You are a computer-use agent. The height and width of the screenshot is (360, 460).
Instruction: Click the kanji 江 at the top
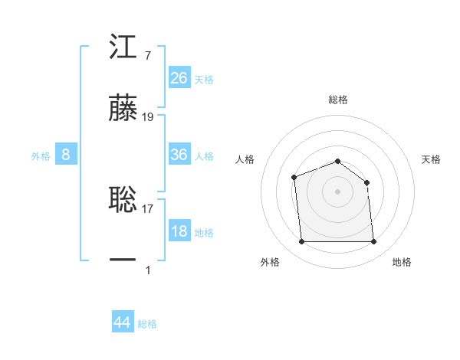pyautogui.click(x=123, y=48)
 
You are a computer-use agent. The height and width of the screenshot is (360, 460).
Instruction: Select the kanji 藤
pyautogui.click(x=123, y=109)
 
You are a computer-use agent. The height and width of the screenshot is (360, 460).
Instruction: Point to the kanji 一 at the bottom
pyautogui.click(x=123, y=260)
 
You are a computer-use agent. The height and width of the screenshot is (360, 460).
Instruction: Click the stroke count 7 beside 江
pyautogui.click(x=147, y=56)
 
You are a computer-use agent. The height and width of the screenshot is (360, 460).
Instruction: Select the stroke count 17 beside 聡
pyautogui.click(x=148, y=207)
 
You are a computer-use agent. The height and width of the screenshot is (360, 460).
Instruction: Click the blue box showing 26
pyautogui.click(x=179, y=78)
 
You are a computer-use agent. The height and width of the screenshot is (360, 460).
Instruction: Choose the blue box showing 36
pyautogui.click(x=179, y=155)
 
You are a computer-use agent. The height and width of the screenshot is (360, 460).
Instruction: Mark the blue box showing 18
pyautogui.click(x=179, y=231)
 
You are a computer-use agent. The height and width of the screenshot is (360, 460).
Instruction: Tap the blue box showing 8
pyautogui.click(x=66, y=155)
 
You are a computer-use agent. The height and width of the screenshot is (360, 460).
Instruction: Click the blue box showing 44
pyautogui.click(x=123, y=322)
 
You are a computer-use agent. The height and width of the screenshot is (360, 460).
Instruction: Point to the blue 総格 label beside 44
pyautogui.click(x=148, y=324)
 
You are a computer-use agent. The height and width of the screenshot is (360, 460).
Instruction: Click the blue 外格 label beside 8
pyautogui.click(x=41, y=156)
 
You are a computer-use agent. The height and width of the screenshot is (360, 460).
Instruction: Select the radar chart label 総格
pyautogui.click(x=338, y=100)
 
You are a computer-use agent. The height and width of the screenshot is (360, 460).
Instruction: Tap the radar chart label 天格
pyautogui.click(x=432, y=159)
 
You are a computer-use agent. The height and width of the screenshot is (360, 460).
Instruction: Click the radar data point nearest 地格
pyautogui.click(x=373, y=242)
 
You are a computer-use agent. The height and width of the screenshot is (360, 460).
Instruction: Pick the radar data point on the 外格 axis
pyautogui.click(x=302, y=242)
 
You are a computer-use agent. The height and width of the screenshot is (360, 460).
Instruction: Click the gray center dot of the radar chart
pyautogui.click(x=337, y=191)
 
